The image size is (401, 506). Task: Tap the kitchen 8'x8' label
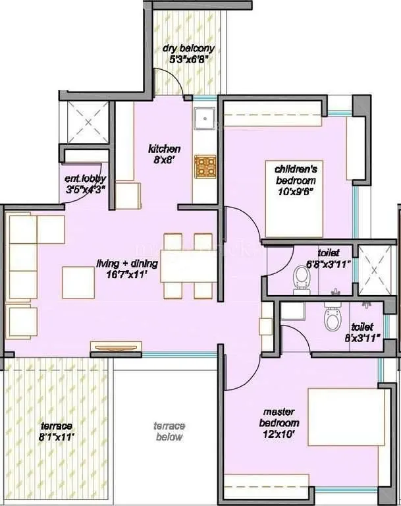(164, 154)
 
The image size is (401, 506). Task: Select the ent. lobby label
(85, 183)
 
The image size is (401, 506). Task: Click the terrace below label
(169, 432)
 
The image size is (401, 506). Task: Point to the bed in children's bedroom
(294, 198)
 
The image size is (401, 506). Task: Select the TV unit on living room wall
(116, 346)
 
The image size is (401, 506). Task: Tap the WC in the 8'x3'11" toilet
(332, 320)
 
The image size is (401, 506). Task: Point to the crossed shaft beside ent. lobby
(87, 123)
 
